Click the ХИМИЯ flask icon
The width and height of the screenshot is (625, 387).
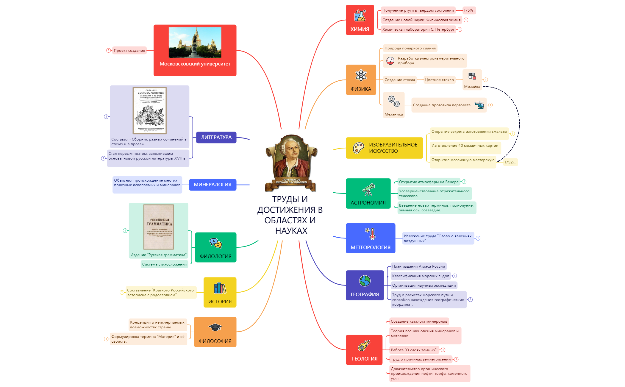coord(360,15)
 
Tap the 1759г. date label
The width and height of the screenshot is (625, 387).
coord(469,10)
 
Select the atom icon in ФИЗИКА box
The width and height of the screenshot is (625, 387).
coord(361,75)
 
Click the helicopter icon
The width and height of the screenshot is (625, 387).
coord(479,105)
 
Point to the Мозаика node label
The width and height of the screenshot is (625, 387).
coord(472,87)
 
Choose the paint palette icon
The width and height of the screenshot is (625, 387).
coord(358,148)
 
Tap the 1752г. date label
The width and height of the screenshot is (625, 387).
coord(510,162)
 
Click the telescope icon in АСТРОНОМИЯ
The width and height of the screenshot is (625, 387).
coord(368,190)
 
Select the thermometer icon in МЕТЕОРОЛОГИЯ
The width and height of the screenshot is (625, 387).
coord(371,234)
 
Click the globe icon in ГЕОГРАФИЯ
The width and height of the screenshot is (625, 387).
coord(365,281)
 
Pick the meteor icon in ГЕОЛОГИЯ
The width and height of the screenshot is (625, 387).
coord(364,346)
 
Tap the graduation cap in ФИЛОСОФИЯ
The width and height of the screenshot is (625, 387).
coord(215,327)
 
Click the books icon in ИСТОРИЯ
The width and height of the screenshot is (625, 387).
coord(220,288)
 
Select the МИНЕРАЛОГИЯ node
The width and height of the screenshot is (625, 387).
coord(212,185)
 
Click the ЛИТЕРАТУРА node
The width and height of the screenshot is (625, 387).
coord(216,138)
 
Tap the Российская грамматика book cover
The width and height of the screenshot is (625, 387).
coord(158,227)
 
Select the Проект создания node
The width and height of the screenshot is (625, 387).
coord(129,51)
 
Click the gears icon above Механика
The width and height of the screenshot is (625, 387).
coord(393,101)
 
